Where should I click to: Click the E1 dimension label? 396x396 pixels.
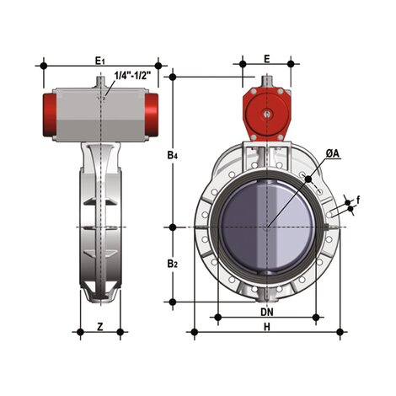coord(99,60)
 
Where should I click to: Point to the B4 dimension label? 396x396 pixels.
coord(172,155)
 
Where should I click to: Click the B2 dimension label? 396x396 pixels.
coord(172,264)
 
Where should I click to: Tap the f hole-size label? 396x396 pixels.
coord(358,200)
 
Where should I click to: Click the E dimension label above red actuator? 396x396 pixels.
coord(266,59)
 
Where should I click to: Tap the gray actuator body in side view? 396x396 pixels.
coord(102,110)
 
